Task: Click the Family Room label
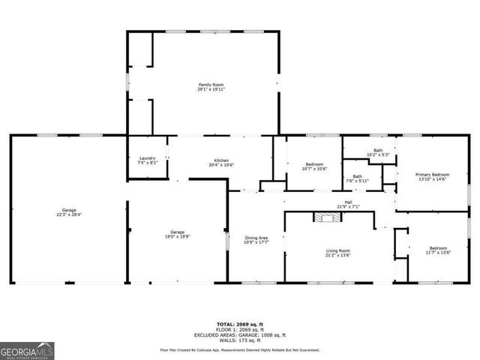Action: (x=211, y=87)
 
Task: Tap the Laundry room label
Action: (x=147, y=160)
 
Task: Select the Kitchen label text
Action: (x=221, y=163)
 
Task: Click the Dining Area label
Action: (x=256, y=240)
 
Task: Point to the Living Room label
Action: (x=337, y=253)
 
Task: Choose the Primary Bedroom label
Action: (x=433, y=177)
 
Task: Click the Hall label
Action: (x=349, y=204)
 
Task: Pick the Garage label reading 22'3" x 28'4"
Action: (x=69, y=212)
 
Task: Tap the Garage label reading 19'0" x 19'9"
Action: (x=177, y=234)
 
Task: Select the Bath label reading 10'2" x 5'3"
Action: (x=379, y=153)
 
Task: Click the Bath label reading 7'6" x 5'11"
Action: (x=357, y=178)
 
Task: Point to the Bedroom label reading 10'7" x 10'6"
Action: (x=314, y=166)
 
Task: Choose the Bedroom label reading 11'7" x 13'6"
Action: (x=438, y=250)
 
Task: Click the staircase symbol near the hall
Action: (x=326, y=217)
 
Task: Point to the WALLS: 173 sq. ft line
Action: (x=240, y=341)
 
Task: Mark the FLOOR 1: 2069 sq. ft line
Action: (x=240, y=329)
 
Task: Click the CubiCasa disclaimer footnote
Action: (x=240, y=349)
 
